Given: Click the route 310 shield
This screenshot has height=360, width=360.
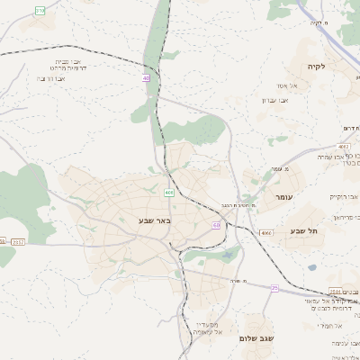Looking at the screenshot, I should (x=40, y=10).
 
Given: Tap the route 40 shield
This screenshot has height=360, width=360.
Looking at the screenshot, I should (x=146, y=78).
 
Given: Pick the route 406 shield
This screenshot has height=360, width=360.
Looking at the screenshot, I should (x=169, y=193).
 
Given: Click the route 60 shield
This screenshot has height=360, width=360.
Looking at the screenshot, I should (x=217, y=224).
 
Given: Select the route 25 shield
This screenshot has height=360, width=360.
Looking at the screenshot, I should (x=274, y=288).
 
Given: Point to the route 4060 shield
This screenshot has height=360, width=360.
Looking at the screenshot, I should (x=265, y=233).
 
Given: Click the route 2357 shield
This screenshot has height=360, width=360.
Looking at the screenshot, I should (x=19, y=241).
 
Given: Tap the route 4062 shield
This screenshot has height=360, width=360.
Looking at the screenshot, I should (x=344, y=145).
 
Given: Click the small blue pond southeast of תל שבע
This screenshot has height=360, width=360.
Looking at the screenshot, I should (x=311, y=266).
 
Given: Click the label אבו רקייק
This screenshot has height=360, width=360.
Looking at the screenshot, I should (x=344, y=195).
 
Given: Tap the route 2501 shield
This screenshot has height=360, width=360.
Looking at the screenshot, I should (x=336, y=292).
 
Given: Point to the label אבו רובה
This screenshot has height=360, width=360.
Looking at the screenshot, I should (x=53, y=78).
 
